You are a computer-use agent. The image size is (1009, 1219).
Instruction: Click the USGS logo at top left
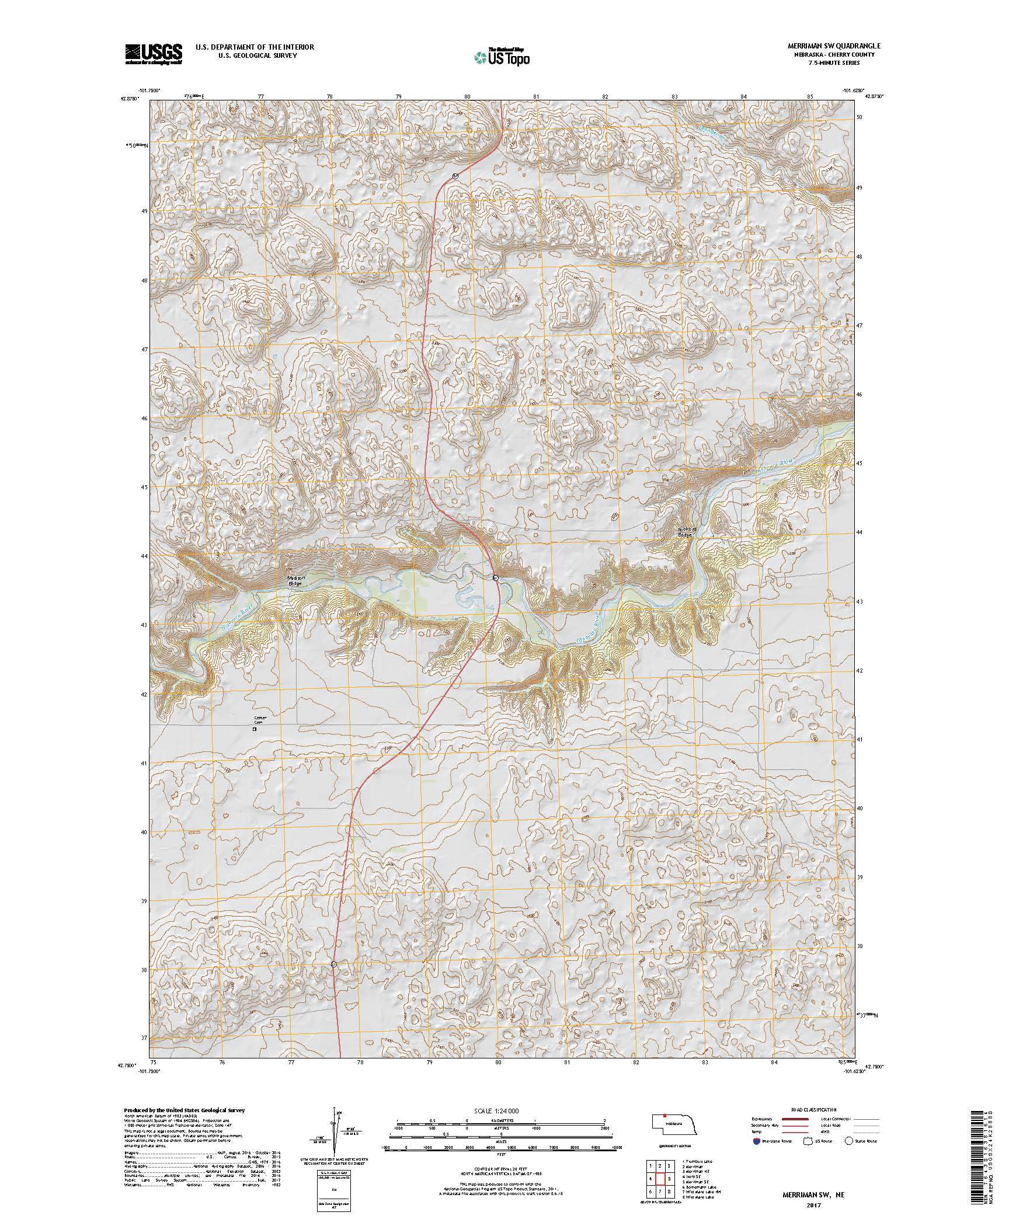152,54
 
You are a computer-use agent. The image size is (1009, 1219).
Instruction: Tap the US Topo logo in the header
502,57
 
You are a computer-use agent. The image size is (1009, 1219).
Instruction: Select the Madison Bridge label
296,580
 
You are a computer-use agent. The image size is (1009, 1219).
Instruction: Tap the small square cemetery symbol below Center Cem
255,729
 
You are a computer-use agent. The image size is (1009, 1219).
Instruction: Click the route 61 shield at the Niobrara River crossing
495,577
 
